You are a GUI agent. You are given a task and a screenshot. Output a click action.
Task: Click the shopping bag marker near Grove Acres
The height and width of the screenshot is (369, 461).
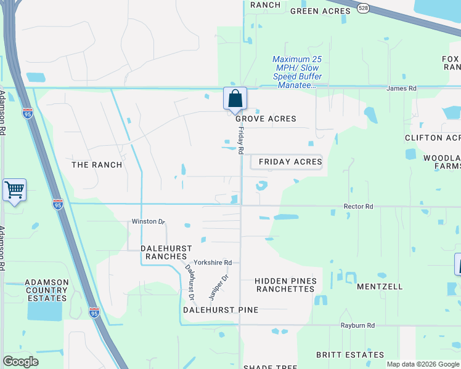[x=235, y=98]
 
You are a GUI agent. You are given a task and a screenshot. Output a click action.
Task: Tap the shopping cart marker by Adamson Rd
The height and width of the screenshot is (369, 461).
[x=14, y=190]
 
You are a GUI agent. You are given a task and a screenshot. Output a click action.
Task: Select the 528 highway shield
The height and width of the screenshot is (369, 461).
[x=362, y=7]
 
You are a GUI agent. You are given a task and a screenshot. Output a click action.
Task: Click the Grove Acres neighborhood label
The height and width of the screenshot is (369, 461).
[x=265, y=119]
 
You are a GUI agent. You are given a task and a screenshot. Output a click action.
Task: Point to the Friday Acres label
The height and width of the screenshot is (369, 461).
[x=290, y=162]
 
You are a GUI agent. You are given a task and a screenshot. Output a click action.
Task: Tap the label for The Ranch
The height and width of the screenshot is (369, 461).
[x=97, y=165]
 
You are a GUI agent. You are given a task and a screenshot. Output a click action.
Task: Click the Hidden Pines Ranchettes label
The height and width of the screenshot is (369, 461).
[x=286, y=285]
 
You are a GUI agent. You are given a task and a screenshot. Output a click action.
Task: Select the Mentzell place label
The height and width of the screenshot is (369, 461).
[x=380, y=287]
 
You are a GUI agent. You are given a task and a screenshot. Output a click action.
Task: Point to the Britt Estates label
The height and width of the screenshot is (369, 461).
[x=349, y=355]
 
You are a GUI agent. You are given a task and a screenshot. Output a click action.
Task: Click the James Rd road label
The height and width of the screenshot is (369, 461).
[x=401, y=89]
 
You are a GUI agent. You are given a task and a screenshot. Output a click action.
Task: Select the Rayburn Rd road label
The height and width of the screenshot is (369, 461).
[x=357, y=325]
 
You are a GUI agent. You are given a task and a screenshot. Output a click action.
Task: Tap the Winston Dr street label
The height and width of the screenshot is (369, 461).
[x=148, y=221]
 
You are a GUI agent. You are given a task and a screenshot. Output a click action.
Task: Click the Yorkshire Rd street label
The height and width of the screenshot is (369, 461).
[x=213, y=263]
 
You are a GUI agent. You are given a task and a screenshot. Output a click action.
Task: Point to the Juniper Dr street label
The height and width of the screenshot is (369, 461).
[x=218, y=287]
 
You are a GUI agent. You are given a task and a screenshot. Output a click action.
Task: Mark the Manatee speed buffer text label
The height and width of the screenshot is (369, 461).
[x=298, y=72]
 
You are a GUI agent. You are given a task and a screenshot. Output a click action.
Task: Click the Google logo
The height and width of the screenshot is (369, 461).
[x=20, y=362]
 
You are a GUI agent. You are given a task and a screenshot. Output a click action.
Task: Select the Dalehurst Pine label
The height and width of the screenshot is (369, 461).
[x=220, y=310]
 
